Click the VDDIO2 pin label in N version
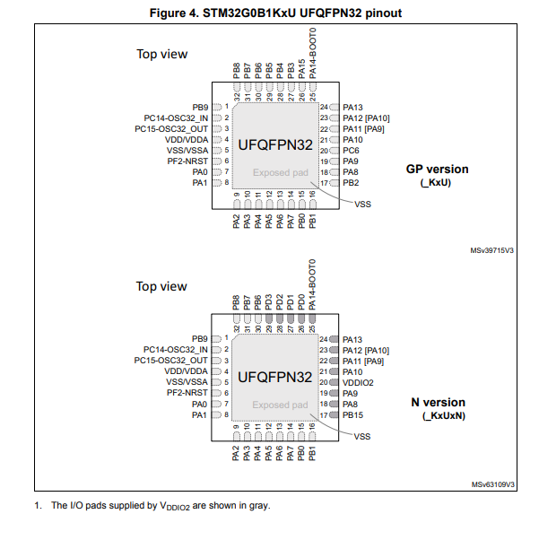coord(358,382)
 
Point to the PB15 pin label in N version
coord(352,415)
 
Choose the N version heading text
coord(441,403)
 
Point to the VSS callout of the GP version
coord(362,205)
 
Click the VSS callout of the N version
coord(362,437)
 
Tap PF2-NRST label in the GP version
coord(187,161)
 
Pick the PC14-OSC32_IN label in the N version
coord(176,350)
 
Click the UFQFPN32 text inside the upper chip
coord(275,144)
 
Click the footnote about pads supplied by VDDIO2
coord(152,506)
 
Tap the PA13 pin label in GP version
coord(352,108)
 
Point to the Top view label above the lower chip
coord(161,286)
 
